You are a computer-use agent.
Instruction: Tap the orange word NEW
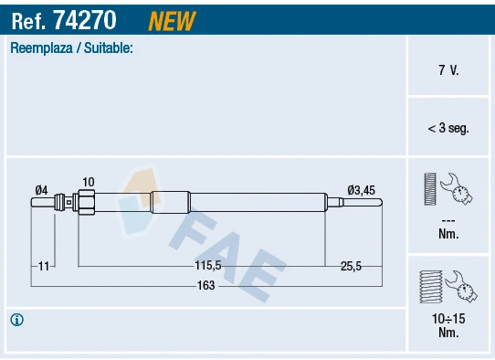171,19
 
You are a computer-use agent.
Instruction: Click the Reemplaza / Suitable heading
71,48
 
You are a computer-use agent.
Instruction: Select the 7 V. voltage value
448,69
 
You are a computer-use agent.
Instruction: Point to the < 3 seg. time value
448,129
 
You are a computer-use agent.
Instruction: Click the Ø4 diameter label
41,190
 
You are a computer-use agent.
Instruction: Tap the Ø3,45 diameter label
362,190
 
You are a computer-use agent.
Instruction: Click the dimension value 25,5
351,266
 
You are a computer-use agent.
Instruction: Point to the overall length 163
205,285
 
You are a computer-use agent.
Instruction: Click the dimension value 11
43,266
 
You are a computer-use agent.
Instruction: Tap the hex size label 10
88,182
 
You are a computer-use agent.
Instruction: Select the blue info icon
16,319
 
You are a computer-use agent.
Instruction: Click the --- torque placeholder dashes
448,220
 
